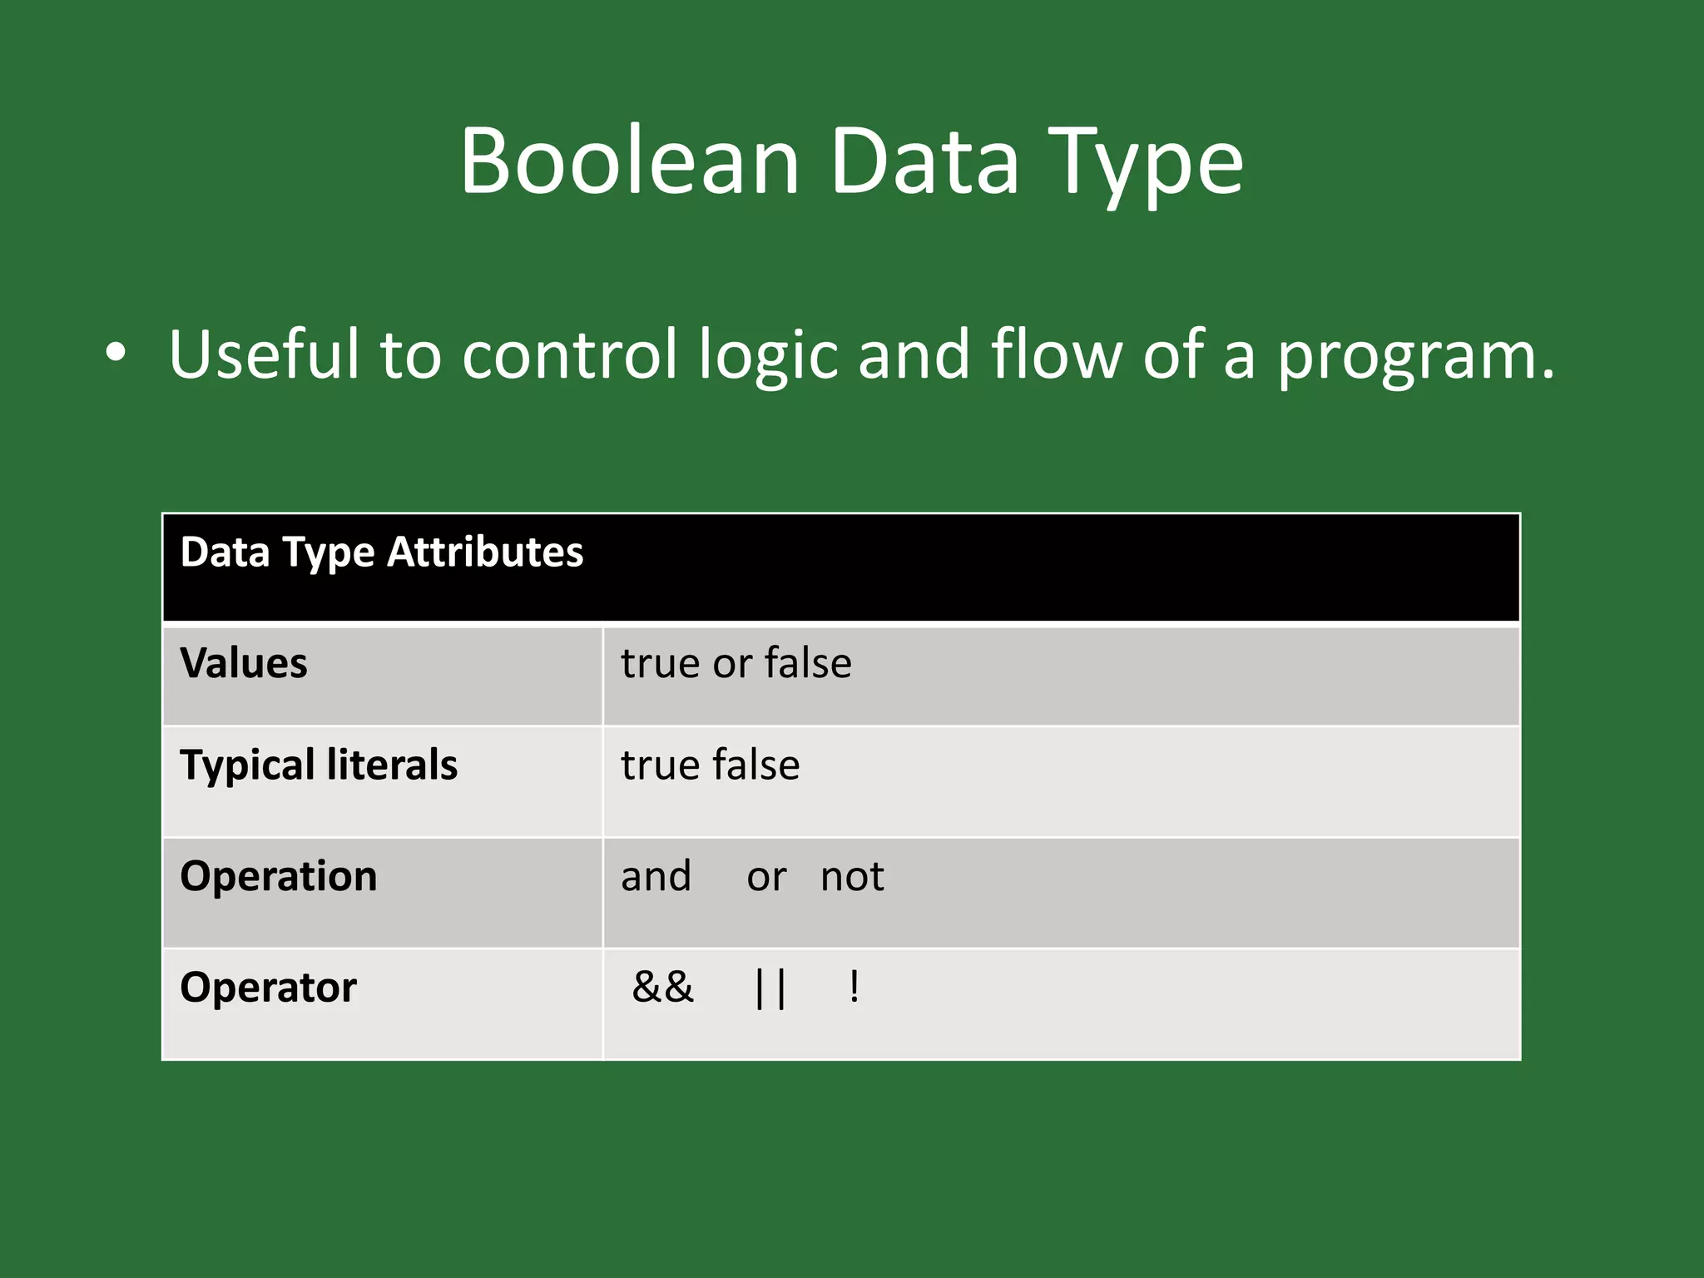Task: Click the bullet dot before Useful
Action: point(116,353)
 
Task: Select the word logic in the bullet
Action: point(768,356)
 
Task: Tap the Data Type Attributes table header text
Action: point(382,552)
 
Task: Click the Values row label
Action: point(244,663)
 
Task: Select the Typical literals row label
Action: point(319,765)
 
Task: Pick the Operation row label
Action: point(279,876)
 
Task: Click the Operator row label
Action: point(268,988)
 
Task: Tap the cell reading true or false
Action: point(736,663)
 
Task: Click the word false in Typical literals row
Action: point(755,765)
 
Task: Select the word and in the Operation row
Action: point(656,876)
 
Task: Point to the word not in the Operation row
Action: point(852,876)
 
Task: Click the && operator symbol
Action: point(663,988)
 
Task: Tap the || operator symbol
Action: point(770,988)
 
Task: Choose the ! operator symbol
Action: point(854,988)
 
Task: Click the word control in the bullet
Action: point(570,354)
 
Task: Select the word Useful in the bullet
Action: point(265,354)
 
